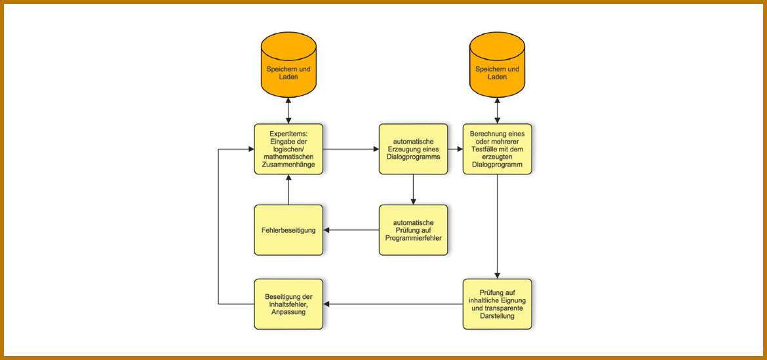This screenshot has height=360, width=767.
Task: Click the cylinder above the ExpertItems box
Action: (288, 65)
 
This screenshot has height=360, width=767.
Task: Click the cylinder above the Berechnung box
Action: (497, 65)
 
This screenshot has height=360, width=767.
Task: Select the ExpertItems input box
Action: (288, 150)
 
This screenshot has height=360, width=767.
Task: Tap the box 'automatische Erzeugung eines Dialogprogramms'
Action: (413, 150)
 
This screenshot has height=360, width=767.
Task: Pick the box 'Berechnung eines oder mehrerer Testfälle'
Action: (497, 150)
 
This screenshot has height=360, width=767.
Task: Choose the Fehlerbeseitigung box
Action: (288, 230)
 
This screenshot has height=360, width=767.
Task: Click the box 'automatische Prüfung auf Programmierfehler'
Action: (413, 230)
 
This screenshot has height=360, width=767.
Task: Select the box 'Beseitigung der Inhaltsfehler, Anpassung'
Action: (288, 304)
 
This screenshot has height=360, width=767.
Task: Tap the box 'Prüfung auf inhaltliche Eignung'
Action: (497, 304)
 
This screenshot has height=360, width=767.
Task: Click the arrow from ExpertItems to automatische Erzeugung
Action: (351, 150)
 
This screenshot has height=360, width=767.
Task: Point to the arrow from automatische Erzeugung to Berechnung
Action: (456, 150)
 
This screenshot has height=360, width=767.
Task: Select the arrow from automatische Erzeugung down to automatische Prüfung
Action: (413, 190)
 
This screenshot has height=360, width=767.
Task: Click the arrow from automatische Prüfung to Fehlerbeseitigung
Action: (351, 230)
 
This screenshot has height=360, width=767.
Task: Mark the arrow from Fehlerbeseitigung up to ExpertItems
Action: (288, 190)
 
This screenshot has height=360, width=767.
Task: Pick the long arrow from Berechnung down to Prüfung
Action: (497, 226)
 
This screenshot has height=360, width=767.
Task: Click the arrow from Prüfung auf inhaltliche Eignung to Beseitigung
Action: (393, 304)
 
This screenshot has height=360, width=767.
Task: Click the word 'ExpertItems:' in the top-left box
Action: (288, 134)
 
